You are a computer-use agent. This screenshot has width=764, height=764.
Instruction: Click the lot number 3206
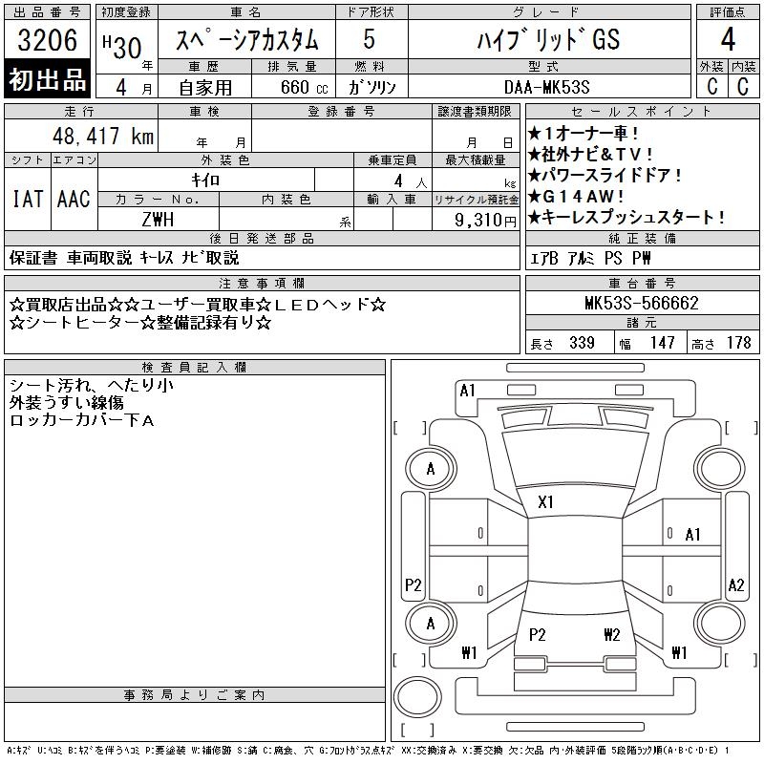[47, 40]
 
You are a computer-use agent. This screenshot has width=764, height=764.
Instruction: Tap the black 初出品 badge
[47, 79]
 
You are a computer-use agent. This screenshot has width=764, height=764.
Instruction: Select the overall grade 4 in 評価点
[728, 39]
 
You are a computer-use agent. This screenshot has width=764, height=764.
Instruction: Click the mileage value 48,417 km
[103, 136]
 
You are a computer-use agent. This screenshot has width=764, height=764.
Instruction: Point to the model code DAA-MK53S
[546, 87]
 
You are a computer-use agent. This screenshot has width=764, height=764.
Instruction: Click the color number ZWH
[158, 220]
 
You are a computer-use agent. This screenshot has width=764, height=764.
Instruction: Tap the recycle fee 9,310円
[485, 221]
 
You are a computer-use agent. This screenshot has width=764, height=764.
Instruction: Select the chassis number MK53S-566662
[642, 303]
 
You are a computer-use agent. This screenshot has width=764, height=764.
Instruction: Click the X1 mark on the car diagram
[545, 502]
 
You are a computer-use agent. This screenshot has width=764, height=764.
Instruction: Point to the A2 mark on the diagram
[735, 584]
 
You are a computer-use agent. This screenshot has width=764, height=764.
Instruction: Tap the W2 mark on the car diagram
[611, 634]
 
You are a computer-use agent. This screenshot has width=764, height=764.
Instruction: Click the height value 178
[738, 343]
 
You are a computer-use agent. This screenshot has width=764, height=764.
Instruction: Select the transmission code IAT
[28, 199]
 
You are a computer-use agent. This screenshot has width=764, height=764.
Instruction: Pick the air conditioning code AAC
[74, 199]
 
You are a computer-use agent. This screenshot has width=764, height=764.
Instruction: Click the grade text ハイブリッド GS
[548, 39]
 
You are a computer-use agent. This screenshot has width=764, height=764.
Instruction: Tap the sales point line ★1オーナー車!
[584, 133]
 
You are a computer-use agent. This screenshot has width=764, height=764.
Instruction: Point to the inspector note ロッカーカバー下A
[82, 420]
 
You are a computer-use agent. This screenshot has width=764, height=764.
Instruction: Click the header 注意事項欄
[262, 283]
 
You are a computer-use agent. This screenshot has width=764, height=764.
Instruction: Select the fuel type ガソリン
[371, 88]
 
